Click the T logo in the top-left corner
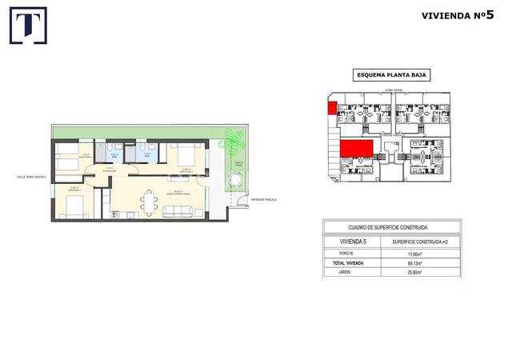pyautogui.click(x=27, y=25)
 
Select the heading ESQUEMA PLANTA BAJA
pyautogui.click(x=391, y=75)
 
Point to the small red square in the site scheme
pyautogui.click(x=330, y=108)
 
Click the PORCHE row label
pyautogui.click(x=338, y=254)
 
